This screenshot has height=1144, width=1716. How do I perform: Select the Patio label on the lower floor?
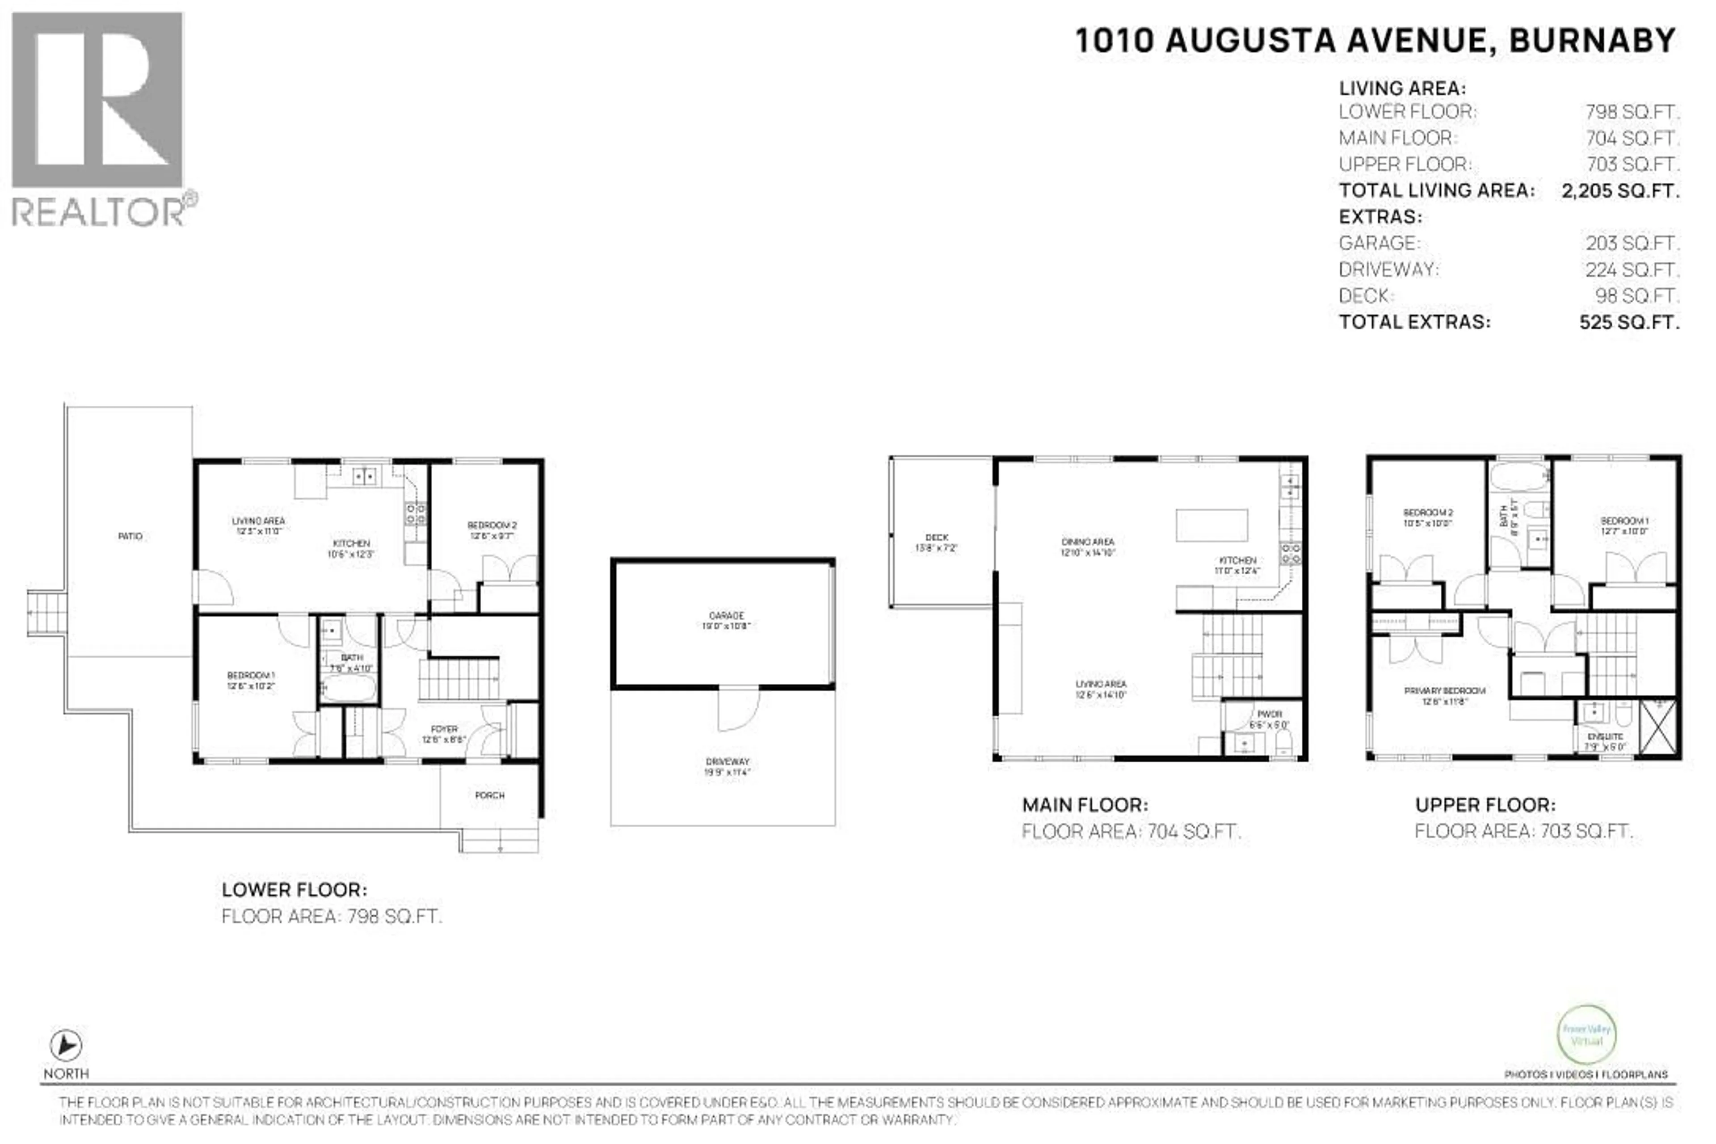pos(130,536)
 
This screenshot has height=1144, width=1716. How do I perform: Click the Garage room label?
pos(726,620)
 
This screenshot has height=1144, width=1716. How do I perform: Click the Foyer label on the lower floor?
pos(444,733)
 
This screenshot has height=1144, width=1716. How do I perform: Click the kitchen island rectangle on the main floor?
pos(1211,526)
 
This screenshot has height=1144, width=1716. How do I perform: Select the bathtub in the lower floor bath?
pos(349,688)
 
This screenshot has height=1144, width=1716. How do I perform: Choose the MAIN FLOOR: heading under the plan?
pos(1084,805)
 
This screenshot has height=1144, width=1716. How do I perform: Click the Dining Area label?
pos(1087,547)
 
